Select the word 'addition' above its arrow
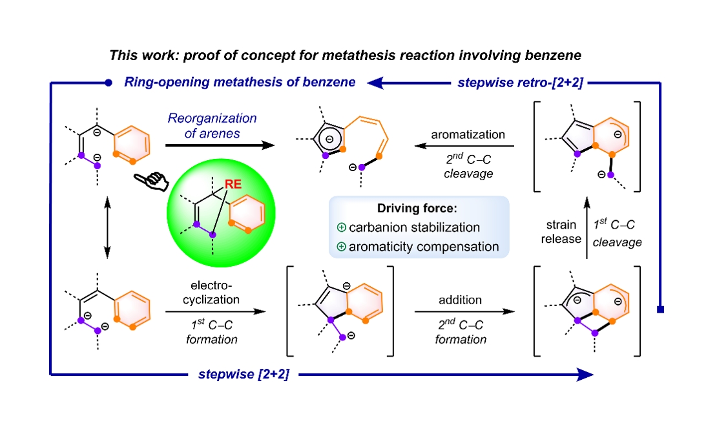(x=459, y=300)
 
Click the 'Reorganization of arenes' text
(x=213, y=125)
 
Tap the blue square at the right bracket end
(x=659, y=309)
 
